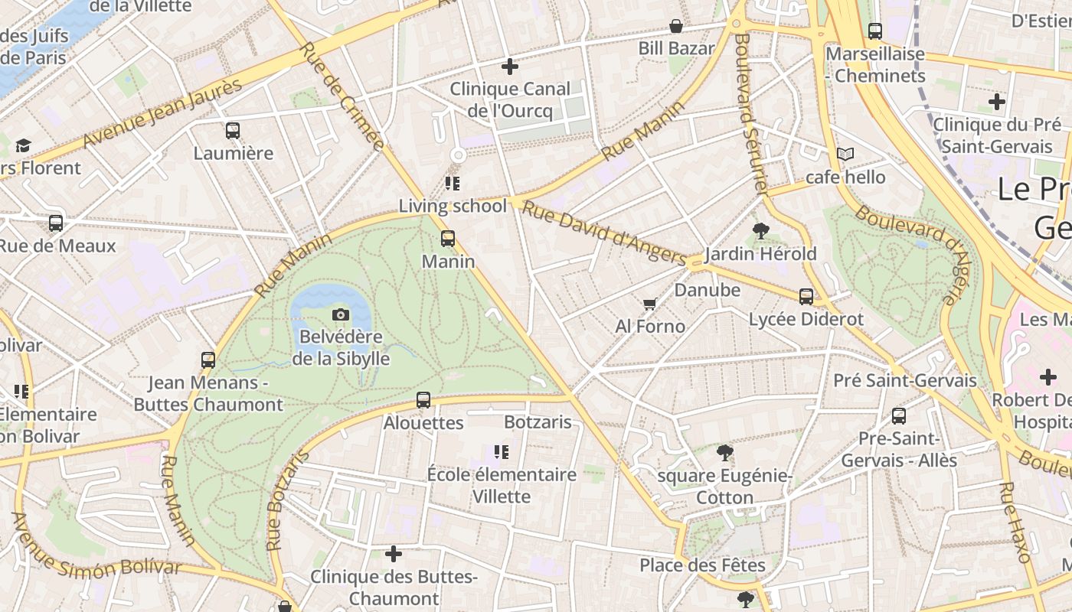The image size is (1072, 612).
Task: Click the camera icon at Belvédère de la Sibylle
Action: tap(341, 314)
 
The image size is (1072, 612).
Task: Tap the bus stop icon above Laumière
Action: tap(233, 131)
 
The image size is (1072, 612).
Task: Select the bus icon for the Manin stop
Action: tap(448, 239)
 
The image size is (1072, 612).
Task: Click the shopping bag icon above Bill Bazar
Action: tap(676, 27)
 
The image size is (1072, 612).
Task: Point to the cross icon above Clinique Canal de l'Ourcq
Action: tap(510, 67)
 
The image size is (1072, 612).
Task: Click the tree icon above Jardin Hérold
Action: tap(760, 230)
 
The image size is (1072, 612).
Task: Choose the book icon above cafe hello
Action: tap(845, 155)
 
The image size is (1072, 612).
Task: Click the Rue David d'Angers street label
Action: tap(604, 229)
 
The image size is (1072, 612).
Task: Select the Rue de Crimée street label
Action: tap(341, 95)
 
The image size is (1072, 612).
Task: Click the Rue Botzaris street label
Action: tap(288, 501)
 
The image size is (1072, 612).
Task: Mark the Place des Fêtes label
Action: tap(702, 565)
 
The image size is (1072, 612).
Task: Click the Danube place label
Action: tap(707, 290)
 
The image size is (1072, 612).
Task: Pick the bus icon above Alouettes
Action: tap(423, 400)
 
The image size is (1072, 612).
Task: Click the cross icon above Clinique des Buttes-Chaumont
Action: tap(394, 554)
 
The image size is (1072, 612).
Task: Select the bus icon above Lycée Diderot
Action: tap(806, 297)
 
